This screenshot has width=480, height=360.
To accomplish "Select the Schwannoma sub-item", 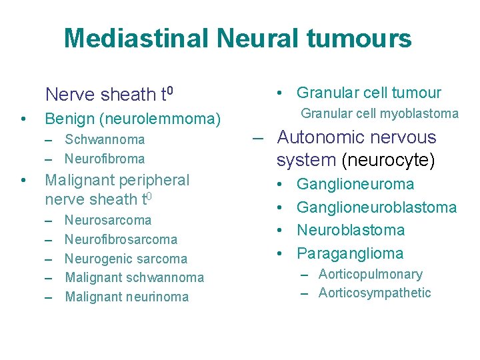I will point(105,139).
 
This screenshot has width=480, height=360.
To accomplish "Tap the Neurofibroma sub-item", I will point(105,159).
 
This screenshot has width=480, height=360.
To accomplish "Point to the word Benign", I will point(69,119).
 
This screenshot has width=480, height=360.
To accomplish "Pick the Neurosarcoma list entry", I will point(108,220).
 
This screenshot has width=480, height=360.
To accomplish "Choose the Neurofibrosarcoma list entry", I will point(121,239).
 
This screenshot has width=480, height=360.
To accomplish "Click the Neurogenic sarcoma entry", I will point(126,259).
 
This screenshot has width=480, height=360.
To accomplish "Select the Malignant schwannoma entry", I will point(134,277).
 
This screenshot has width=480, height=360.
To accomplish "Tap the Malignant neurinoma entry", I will point(127,297).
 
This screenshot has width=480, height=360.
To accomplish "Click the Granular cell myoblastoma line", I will point(380,113).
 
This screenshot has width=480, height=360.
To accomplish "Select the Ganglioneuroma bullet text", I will point(355,184).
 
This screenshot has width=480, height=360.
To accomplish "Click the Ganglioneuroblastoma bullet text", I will point(377,207).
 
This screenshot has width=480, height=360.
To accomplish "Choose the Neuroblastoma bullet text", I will point(351,230).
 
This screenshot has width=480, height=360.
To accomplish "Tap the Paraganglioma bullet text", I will point(350,253).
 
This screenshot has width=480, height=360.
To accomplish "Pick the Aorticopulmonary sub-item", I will point(371,274).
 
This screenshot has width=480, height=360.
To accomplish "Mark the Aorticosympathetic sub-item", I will point(375,293).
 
